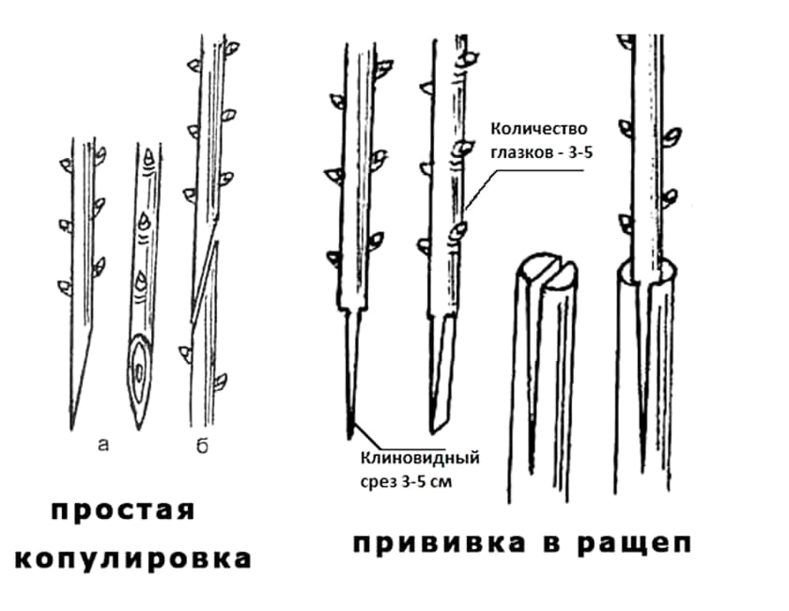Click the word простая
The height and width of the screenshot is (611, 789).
tap(122, 511)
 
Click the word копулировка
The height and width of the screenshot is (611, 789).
tap(132, 558)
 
